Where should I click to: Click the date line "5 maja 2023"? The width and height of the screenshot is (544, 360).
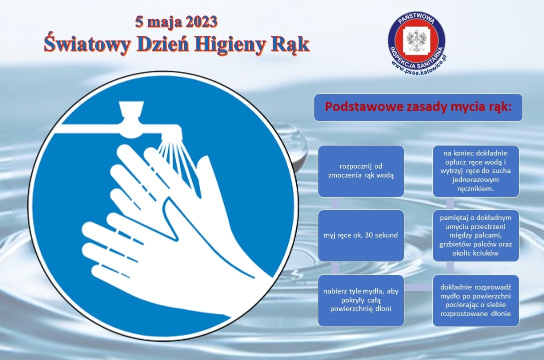[176, 22]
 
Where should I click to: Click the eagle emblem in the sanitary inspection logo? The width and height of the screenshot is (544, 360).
[416, 40]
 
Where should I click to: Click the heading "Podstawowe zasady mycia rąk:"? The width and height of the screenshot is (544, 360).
[418, 107]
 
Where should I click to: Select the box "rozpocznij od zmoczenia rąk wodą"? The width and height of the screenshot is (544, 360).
[361, 171]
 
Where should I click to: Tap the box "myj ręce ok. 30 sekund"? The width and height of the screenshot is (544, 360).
[361, 235]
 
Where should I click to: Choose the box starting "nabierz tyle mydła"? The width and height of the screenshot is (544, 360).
[361, 301]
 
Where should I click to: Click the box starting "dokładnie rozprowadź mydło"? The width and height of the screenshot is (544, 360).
[475, 301]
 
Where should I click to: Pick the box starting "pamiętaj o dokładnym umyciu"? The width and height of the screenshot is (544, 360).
[475, 235]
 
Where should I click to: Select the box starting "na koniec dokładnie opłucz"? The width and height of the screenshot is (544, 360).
[475, 171]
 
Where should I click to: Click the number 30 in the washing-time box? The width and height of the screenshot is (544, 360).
[369, 235]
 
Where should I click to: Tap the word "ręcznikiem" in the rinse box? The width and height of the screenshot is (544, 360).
[475, 189]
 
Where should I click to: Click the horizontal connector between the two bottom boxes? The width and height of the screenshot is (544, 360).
[418, 287]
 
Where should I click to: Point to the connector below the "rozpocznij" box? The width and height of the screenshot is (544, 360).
[335, 203]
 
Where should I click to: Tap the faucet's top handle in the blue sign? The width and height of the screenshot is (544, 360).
[131, 109]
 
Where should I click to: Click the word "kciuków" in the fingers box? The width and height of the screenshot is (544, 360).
[486, 253]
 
